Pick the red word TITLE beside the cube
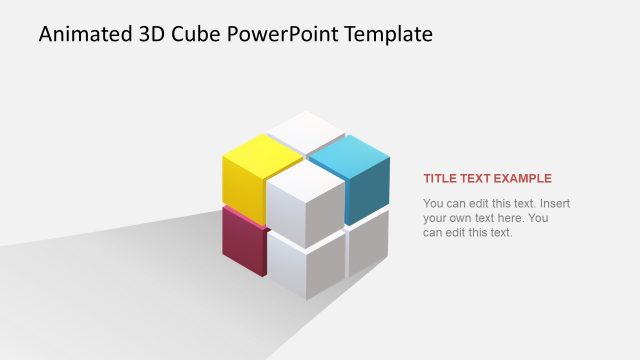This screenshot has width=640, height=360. point(441,179)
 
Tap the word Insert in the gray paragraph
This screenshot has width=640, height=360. point(554,204)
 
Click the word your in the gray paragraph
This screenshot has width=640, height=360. point(436,218)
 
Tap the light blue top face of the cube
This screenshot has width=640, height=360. point(348,156)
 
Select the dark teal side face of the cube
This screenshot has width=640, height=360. point(367,193)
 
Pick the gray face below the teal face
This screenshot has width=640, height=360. point(368,244)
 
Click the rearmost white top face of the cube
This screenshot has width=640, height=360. point(306,130)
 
